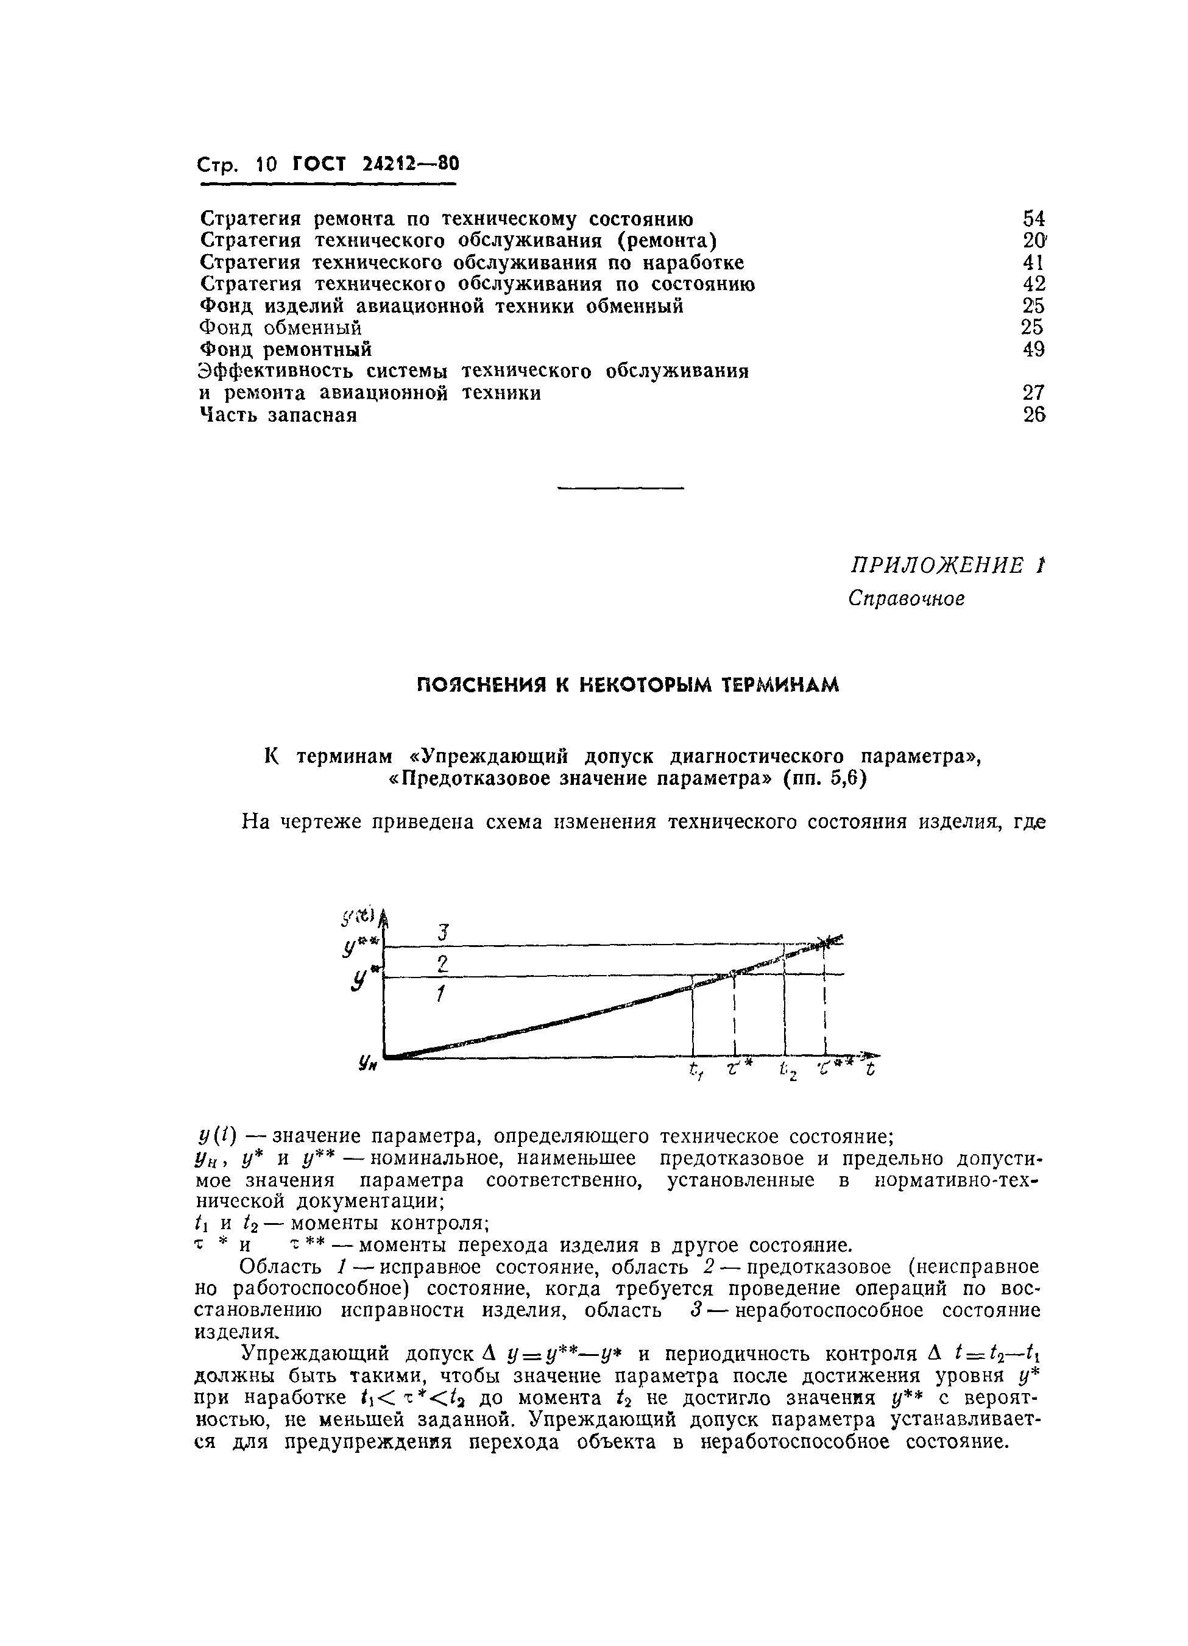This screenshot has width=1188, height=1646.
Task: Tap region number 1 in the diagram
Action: pos(440,995)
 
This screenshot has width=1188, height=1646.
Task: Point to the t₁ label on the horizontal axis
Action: pos(696,1070)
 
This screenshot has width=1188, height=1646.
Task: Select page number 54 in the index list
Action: pos(1033,218)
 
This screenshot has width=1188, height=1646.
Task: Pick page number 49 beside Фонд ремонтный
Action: pos(1033,349)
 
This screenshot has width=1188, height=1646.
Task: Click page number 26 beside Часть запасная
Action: pos(1033,415)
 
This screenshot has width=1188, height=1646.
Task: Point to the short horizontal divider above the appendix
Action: pos(620,488)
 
